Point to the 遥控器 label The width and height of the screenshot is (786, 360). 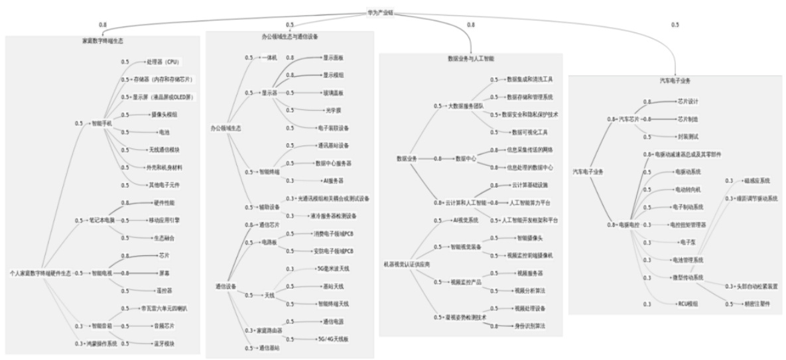tap(157, 290)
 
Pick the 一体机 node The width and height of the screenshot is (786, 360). tap(271, 58)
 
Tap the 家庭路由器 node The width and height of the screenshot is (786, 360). tap(271, 330)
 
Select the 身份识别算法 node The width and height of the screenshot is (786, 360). tap(530, 326)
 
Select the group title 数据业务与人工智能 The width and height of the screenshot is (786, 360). tap(470, 58)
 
